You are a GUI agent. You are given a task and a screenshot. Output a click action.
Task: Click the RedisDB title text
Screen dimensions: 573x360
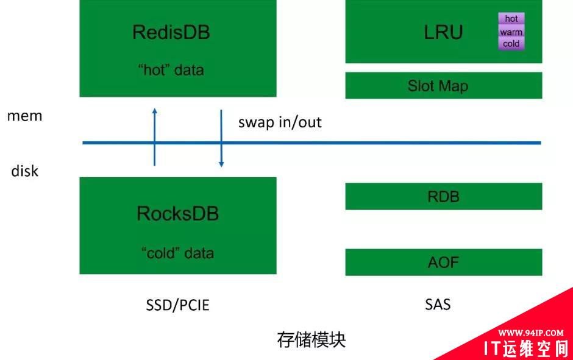tap(171, 32)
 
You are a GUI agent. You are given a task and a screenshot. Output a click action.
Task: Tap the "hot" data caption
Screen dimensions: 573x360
tap(171, 69)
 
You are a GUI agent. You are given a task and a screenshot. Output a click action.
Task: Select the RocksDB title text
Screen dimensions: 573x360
tap(177, 214)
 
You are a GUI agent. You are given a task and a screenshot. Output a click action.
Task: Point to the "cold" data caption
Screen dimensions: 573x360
tap(177, 253)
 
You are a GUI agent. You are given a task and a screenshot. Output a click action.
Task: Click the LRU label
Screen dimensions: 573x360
tap(443, 32)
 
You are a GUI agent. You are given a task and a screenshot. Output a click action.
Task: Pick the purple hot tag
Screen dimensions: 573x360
tap(511, 19)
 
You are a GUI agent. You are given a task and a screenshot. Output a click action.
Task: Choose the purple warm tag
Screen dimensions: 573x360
tap(511, 32)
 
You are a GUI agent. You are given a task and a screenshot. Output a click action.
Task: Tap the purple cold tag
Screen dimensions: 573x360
tap(511, 43)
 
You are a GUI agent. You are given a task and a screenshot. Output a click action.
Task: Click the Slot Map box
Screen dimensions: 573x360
tap(444, 85)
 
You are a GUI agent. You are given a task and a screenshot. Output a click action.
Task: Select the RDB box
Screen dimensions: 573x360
tap(444, 196)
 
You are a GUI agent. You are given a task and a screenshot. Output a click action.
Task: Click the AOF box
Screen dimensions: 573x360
tap(444, 262)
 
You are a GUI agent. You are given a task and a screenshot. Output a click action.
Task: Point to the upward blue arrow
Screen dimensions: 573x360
tap(155, 137)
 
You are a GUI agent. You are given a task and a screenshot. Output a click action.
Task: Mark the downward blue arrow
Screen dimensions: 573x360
tap(221, 138)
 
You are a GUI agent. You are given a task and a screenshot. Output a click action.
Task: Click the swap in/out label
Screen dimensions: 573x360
tap(280, 122)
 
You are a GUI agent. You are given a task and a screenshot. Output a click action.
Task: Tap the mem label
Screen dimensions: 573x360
tap(25, 116)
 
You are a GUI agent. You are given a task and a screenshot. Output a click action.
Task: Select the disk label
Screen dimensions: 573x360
tap(25, 171)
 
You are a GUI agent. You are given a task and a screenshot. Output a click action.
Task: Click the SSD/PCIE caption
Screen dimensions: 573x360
tap(177, 305)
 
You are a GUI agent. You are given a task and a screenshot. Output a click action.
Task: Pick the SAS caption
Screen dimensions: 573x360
tap(438, 304)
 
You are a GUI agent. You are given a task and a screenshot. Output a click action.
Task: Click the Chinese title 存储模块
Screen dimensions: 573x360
tap(311, 339)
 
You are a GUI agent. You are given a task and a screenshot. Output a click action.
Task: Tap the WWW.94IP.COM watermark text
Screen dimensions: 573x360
tap(530, 333)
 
